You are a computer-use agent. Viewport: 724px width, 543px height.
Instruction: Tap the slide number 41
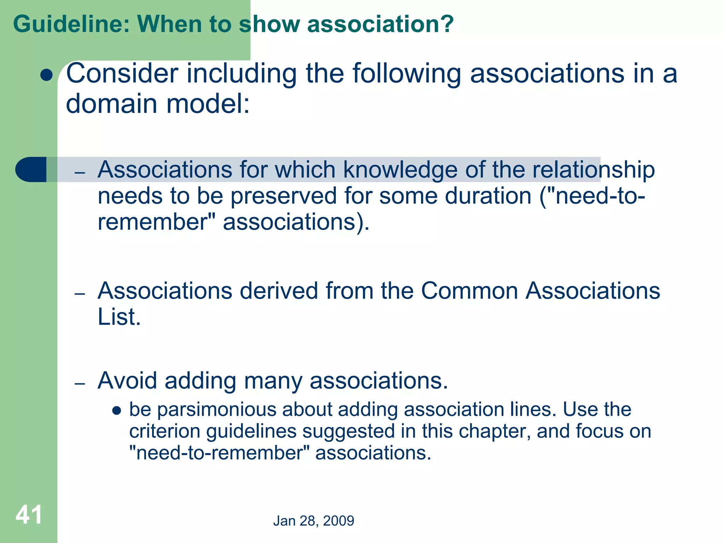[29, 515]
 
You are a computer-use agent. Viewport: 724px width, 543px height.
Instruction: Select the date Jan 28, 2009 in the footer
[314, 521]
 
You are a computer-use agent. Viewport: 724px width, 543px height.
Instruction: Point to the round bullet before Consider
[46, 75]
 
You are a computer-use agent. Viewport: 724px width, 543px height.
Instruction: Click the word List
[119, 317]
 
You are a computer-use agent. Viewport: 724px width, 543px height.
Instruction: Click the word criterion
[165, 431]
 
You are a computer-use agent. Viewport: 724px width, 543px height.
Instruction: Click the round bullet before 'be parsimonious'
[117, 411]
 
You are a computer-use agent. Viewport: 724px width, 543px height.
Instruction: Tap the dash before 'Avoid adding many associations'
[80, 383]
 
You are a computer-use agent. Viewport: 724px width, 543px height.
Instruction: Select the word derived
[279, 291]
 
